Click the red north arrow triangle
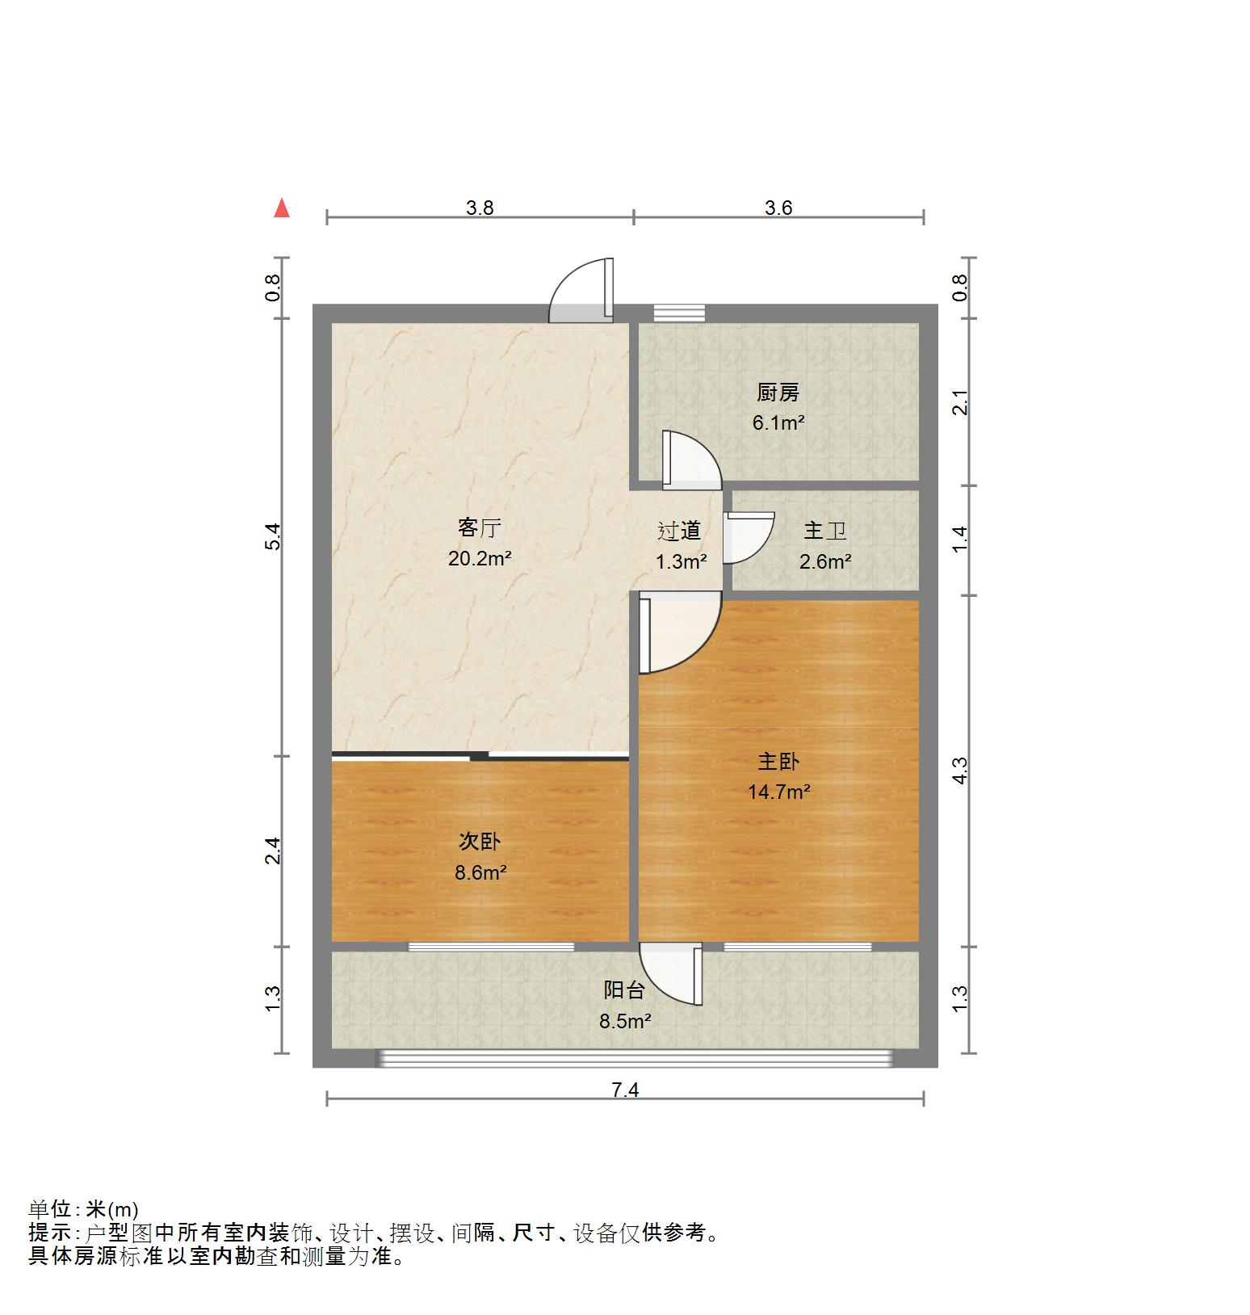[x=282, y=208]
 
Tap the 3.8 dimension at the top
[x=480, y=208]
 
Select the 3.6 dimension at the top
[x=778, y=208]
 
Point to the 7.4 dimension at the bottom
[x=625, y=1090]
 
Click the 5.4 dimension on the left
[x=274, y=537]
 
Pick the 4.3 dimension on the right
[x=959, y=771]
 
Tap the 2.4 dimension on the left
[x=274, y=851]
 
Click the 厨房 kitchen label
[x=778, y=393]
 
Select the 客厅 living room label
[x=480, y=528]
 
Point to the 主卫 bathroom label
[x=825, y=531]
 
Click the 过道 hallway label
[x=679, y=531]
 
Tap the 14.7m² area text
[x=778, y=792]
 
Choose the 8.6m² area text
[x=480, y=872]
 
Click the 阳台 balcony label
[x=624, y=989]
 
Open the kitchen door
[x=688, y=460]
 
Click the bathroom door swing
[x=746, y=537]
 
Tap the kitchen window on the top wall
[x=679, y=313]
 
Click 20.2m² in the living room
[x=480, y=558]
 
